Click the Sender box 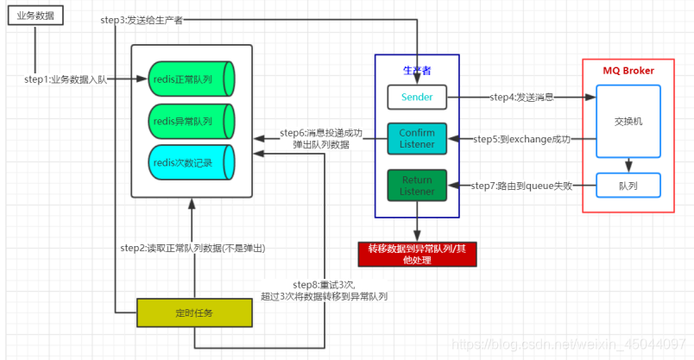[x=417, y=98]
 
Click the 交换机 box [x=628, y=121]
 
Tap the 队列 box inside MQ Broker [x=628, y=185]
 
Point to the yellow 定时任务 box [x=194, y=313]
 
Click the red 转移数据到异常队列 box [x=417, y=254]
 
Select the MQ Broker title [x=628, y=71]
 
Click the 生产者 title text [x=417, y=69]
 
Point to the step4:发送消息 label [x=521, y=98]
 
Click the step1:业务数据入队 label [x=66, y=79]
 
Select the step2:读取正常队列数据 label [x=192, y=249]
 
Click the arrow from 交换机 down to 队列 [x=628, y=165]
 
